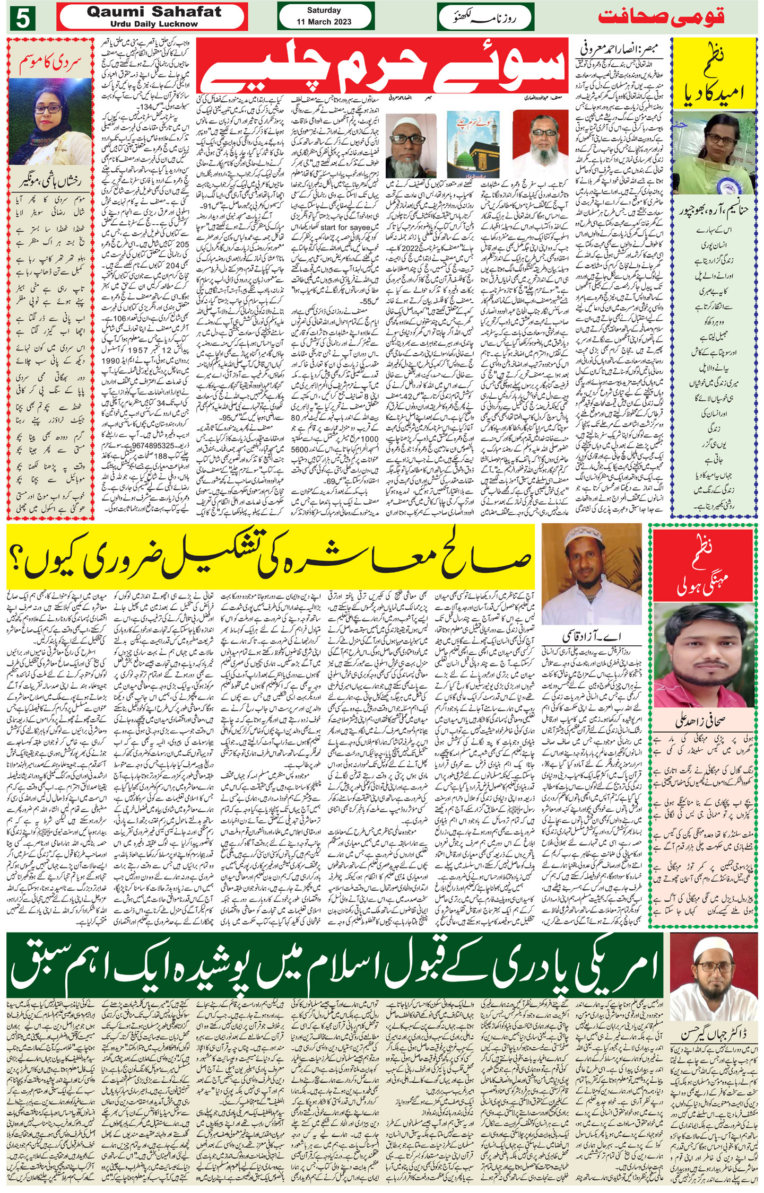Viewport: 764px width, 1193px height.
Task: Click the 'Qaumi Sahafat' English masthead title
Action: point(154,13)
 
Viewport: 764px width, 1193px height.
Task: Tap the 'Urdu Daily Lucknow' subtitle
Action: point(154,24)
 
